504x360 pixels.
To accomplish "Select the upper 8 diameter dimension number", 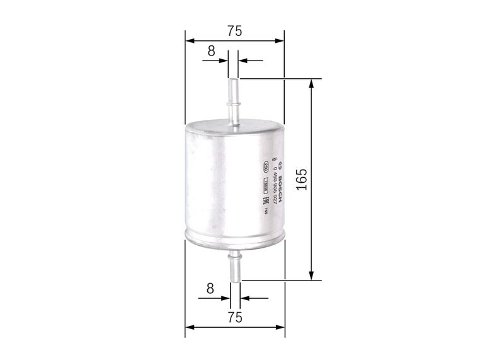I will coord(210,50).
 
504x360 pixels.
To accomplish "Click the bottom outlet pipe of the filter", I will coord(234,265).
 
